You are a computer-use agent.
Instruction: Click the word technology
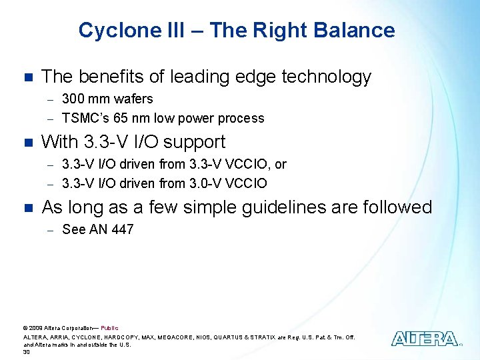point(326,77)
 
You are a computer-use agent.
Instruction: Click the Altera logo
point(425,339)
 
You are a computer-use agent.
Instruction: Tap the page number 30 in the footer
point(27,352)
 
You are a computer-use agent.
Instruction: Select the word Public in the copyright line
point(109,328)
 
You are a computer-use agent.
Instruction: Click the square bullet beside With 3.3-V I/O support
point(27,143)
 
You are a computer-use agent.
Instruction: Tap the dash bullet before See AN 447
point(49,230)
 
